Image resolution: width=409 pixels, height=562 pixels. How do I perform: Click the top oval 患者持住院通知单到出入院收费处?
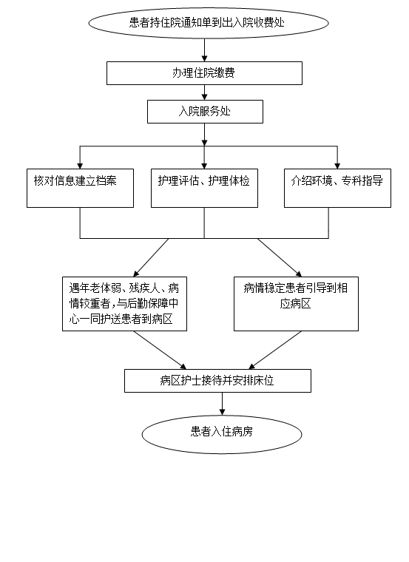click(209, 23)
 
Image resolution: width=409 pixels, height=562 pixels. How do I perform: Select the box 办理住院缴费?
click(204, 73)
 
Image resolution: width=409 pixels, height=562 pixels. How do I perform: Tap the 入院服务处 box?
click(205, 112)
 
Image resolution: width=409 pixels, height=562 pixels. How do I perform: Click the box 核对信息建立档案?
click(81, 188)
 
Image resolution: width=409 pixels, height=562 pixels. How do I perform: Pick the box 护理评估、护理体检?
click(204, 188)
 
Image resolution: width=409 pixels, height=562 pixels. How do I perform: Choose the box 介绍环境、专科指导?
click(337, 188)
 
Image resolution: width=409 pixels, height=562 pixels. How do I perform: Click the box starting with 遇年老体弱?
click(124, 304)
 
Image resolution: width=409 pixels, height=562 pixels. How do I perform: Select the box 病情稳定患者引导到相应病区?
click(296, 304)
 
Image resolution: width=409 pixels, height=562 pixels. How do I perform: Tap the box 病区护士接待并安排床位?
click(217, 381)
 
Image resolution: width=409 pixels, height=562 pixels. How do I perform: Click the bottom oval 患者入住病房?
click(222, 434)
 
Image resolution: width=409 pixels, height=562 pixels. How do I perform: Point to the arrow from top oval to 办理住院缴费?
click(205, 50)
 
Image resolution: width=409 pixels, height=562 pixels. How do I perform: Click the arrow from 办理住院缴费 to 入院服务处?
click(205, 92)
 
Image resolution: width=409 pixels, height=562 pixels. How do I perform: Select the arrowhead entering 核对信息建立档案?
click(80, 166)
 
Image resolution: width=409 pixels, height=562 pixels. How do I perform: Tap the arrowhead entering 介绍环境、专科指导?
click(337, 166)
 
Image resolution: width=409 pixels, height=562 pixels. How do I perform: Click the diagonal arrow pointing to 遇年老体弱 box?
click(151, 257)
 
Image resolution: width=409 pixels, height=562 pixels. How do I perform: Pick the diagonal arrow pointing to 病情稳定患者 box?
click(280, 257)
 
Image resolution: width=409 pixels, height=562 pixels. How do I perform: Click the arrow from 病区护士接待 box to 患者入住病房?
click(222, 404)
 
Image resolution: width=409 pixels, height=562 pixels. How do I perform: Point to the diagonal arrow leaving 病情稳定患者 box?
click(275, 351)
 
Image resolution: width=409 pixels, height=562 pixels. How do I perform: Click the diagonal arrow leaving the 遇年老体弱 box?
click(160, 351)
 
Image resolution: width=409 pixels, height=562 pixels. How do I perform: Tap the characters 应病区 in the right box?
click(295, 304)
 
